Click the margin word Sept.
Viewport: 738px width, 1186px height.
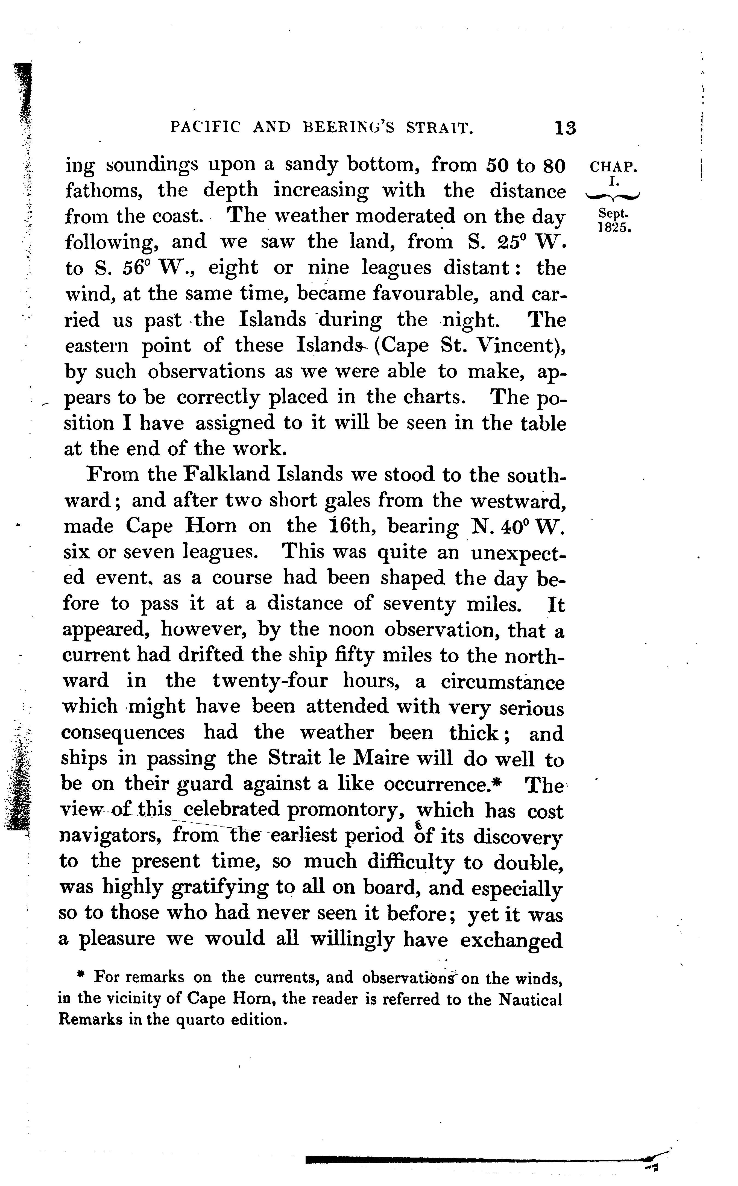[x=614, y=213]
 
